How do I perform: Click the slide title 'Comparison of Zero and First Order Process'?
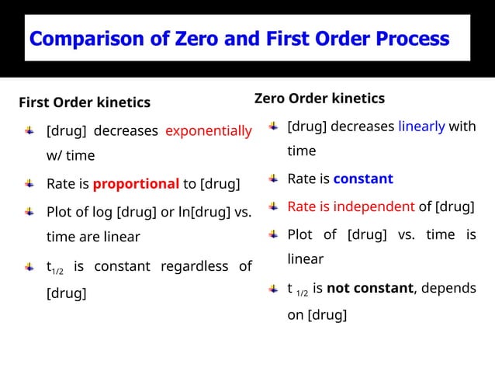coord(239,38)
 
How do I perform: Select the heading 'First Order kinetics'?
coord(85,102)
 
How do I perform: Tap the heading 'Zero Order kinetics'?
coord(319,99)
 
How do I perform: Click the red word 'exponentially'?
coord(209,131)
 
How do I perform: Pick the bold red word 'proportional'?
coord(136,184)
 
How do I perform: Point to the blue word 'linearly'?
coord(421,127)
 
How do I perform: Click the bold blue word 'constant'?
coord(363,179)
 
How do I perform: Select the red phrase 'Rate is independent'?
coord(351,206)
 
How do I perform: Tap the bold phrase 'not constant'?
coord(369,288)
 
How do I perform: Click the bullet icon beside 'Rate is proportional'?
coord(29,184)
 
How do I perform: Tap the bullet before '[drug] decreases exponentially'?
coord(29,131)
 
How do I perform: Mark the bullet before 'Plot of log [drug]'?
coord(29,211)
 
